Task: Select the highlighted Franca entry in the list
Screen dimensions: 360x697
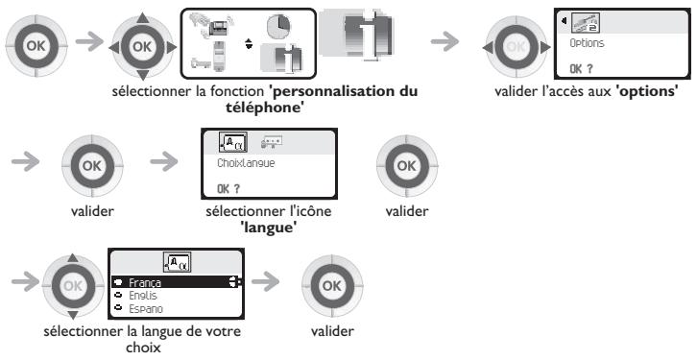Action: tap(146, 284)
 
